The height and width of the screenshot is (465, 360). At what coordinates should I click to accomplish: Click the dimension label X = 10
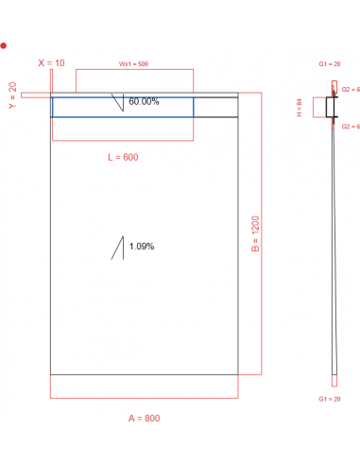coord(52,62)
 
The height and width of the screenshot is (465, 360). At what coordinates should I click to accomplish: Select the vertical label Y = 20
coord(12,94)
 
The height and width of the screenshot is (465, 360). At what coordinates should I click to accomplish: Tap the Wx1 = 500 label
coord(133,63)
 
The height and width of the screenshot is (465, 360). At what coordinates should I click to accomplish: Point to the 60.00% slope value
coord(144,101)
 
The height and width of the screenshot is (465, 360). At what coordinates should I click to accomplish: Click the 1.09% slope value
coord(142,247)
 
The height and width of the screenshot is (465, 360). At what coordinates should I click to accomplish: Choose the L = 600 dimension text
coord(123,157)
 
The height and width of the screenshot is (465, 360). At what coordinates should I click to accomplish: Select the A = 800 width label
coord(144,417)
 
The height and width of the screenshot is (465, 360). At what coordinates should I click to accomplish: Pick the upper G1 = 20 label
coord(330,62)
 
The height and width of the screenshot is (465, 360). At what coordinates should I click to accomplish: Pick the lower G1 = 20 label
coord(330,400)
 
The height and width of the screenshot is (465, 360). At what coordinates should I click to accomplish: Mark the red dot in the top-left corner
coord(5,44)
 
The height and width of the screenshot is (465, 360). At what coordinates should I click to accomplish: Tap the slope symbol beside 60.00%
coord(119,102)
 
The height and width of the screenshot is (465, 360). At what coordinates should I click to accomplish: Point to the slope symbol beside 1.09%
coord(119,248)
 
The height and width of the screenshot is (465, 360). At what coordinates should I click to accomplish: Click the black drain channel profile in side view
coord(332,108)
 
